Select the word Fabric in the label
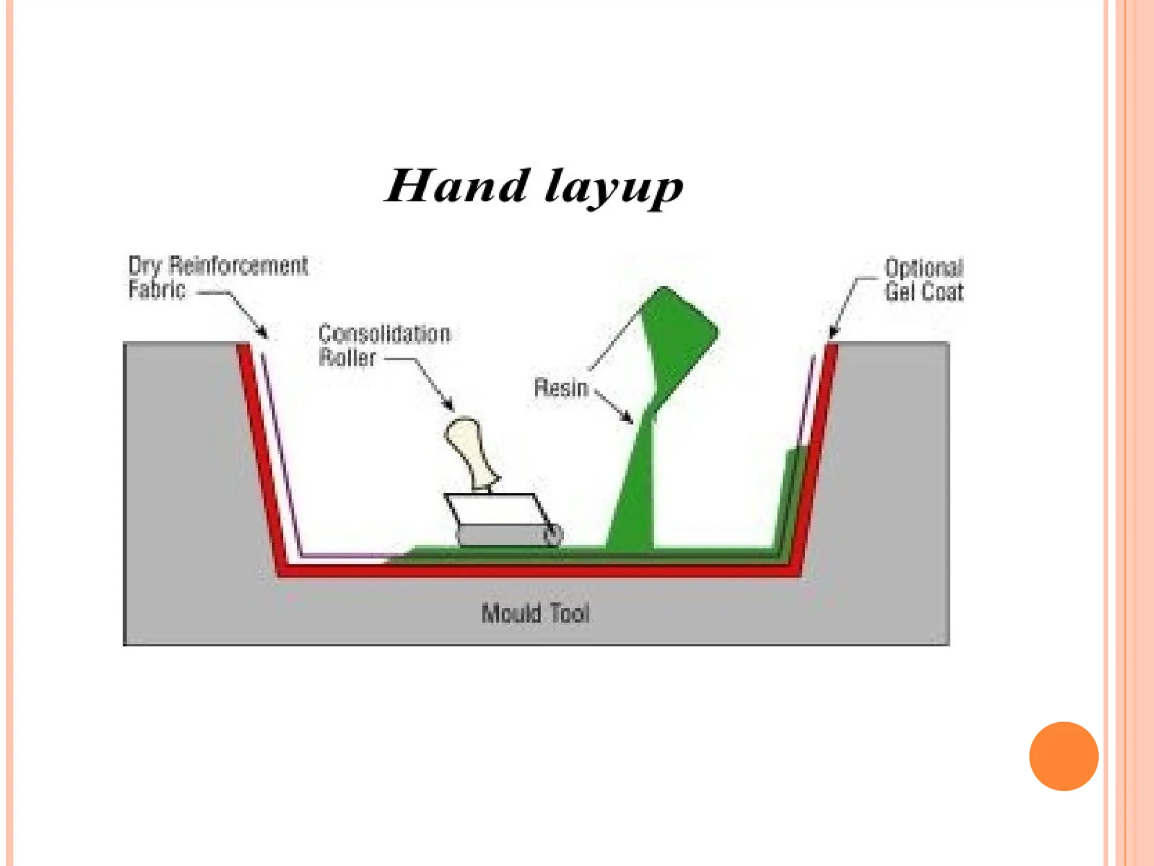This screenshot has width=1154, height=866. pyautogui.click(x=157, y=290)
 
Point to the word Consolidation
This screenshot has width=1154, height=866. pyautogui.click(x=384, y=334)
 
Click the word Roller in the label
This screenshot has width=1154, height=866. pyautogui.click(x=347, y=357)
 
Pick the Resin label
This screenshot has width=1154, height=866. pyautogui.click(x=561, y=388)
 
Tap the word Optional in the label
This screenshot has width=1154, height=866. pyautogui.click(x=924, y=268)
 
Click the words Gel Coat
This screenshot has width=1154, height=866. pyautogui.click(x=924, y=292)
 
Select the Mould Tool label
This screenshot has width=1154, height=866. pyautogui.click(x=535, y=613)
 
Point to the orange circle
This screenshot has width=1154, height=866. pyautogui.click(x=1063, y=756)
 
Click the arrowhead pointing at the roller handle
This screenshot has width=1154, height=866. pyautogui.click(x=449, y=406)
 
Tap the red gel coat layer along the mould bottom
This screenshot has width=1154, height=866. pyautogui.click(x=535, y=571)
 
